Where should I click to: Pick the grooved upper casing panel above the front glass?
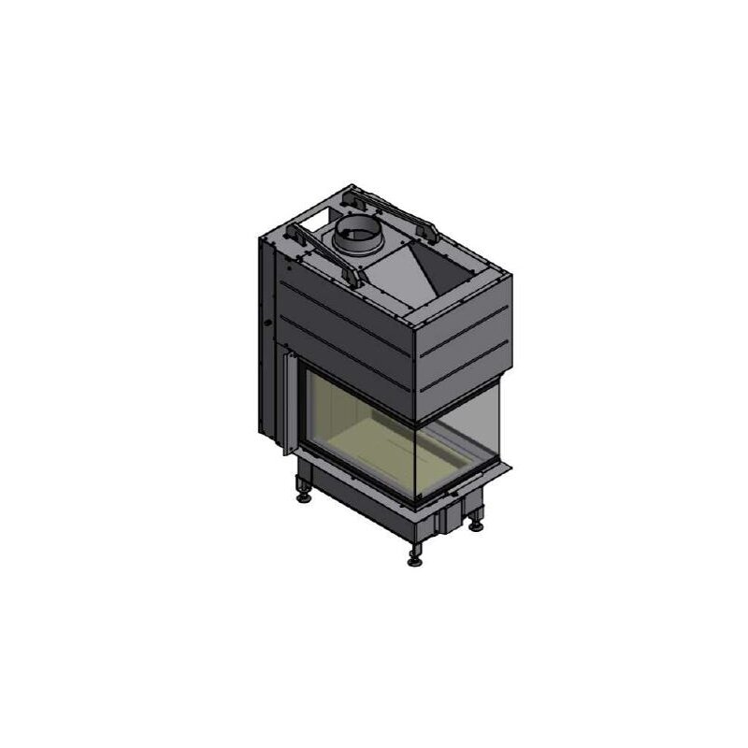pos(346,332)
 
